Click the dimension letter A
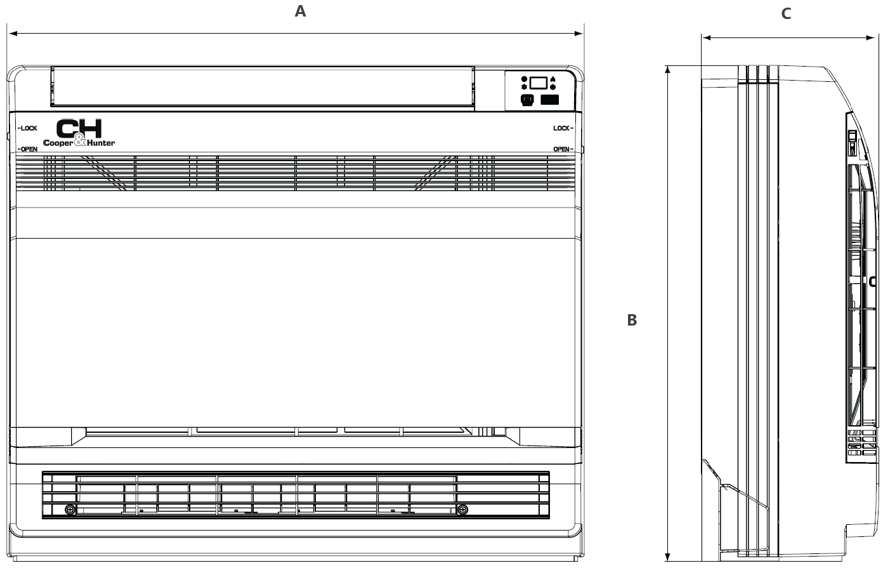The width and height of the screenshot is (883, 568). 301,11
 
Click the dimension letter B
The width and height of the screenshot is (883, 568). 632,320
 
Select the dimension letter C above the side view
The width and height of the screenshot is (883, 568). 786,14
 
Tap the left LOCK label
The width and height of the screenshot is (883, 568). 28,128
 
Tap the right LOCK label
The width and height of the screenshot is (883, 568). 563,128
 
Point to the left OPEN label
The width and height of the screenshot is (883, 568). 28,149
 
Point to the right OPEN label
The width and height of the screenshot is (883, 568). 563,149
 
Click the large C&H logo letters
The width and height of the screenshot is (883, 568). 79,129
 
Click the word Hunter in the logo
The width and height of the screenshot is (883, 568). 100,143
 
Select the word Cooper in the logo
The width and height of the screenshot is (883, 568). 58,143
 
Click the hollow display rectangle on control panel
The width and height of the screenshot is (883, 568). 538,83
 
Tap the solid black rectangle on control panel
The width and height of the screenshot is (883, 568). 549,100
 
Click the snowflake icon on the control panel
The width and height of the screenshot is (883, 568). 524,87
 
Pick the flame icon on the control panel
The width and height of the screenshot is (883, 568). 553,79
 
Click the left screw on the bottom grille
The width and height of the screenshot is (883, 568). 70,510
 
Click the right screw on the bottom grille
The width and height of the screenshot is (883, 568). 462,510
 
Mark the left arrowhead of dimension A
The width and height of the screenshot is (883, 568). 13,34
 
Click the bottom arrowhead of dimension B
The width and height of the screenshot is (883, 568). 667,557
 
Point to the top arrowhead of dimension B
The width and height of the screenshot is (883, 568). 667,70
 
